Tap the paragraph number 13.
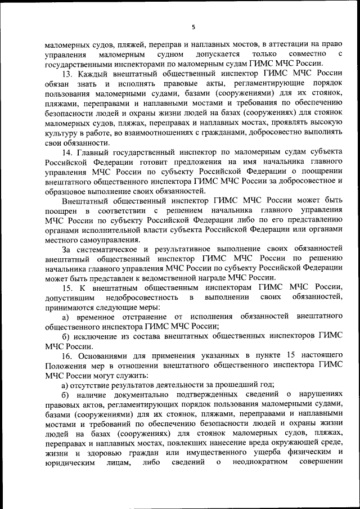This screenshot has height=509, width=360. (66, 74)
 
